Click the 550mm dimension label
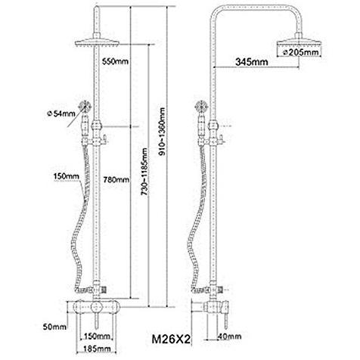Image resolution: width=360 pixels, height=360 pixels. coord(115,61)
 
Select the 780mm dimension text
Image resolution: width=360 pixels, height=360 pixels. coord(116,180)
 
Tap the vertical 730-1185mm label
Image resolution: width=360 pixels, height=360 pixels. coord(144,172)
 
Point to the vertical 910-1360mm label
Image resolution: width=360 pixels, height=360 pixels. coord(163,132)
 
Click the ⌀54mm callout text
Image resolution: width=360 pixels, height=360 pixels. coord(61,113)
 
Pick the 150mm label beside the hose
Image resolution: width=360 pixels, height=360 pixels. coord(67,176)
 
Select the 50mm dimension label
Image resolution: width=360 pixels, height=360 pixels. coord(54,327)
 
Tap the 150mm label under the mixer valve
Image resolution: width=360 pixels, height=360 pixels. coord(98,336)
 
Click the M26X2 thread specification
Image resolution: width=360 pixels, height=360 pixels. coord(171,339)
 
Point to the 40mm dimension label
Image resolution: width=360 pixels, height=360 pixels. coord(229,336)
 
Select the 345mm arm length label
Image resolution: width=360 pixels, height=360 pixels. coord(252,61)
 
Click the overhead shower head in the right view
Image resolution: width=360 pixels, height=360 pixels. coord(299,42)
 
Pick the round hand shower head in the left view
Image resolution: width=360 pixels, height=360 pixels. coord(85,106)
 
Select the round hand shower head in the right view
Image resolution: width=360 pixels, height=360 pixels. coord(203,106)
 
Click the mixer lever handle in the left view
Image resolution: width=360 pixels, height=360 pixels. coord(97,319)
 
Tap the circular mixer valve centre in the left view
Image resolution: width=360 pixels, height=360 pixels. coord(97,307)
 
